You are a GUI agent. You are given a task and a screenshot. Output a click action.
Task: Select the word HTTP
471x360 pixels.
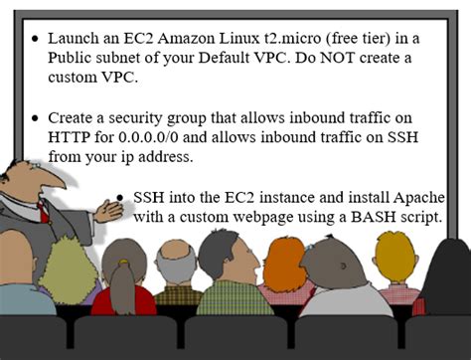coord(71,135)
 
